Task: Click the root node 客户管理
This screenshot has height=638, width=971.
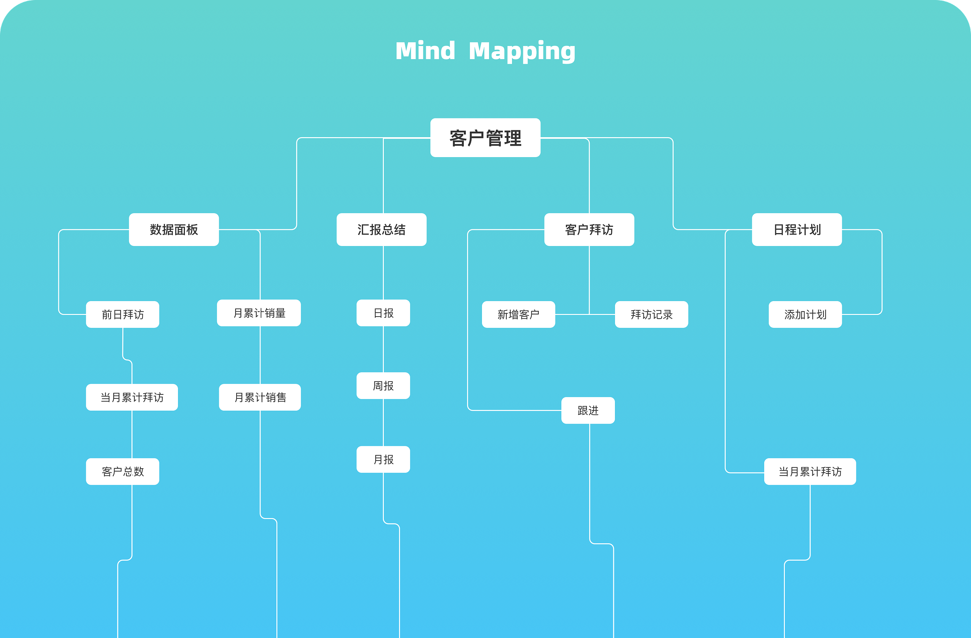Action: click(x=485, y=138)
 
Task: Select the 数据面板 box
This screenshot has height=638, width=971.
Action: click(x=174, y=230)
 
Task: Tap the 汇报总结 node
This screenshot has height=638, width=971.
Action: click(x=382, y=230)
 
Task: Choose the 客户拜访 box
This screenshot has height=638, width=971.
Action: click(x=589, y=230)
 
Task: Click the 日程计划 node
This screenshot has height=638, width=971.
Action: click(x=797, y=230)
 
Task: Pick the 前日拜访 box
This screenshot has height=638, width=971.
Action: click(x=122, y=314)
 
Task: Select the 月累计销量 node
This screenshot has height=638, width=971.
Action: click(x=259, y=313)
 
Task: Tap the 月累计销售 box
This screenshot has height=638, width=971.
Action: click(x=260, y=397)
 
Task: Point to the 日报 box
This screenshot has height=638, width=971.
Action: click(x=383, y=313)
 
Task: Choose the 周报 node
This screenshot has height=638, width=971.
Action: click(x=383, y=386)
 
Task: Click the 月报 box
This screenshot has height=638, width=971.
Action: click(x=383, y=460)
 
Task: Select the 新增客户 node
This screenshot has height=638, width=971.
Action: click(x=518, y=314)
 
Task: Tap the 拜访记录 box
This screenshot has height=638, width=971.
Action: click(x=651, y=314)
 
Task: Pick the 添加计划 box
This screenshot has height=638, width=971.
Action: click(x=805, y=314)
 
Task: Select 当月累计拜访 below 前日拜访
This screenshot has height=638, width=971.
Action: click(x=132, y=397)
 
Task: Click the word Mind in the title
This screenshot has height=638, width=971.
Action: click(x=425, y=51)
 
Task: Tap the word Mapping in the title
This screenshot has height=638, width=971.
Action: click(x=522, y=51)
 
